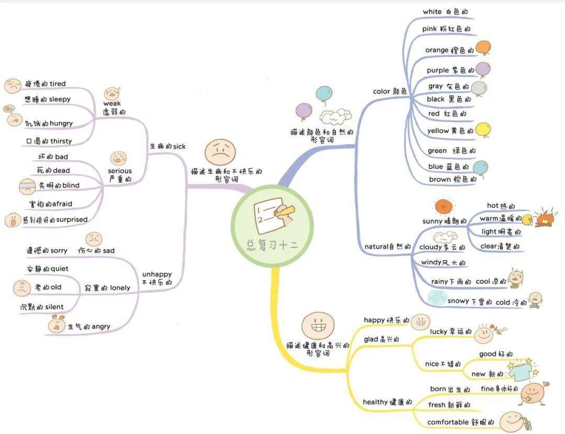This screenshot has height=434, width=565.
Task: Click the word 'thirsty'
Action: [x=61, y=141]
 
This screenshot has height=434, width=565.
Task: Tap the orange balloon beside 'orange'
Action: [x=483, y=48]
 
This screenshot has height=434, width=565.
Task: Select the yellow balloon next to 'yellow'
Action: [x=483, y=130]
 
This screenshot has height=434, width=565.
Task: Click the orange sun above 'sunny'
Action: [x=444, y=207]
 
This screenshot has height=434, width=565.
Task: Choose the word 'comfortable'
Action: [x=448, y=422]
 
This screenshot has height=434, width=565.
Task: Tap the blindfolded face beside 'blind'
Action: [x=27, y=186]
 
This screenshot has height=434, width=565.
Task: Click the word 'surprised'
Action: [x=72, y=219]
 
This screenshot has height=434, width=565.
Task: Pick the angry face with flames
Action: [x=56, y=324]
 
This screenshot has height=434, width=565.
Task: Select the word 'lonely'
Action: [x=120, y=287]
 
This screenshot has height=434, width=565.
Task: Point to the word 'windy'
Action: [x=431, y=262]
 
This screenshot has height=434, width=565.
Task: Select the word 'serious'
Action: [x=120, y=171]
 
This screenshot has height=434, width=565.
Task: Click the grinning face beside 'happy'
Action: [x=421, y=322]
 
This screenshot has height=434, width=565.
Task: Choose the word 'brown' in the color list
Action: [x=439, y=179]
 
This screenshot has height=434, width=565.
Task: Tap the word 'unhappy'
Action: [x=157, y=274]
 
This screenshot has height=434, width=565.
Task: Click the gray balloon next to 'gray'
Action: [x=479, y=88]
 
